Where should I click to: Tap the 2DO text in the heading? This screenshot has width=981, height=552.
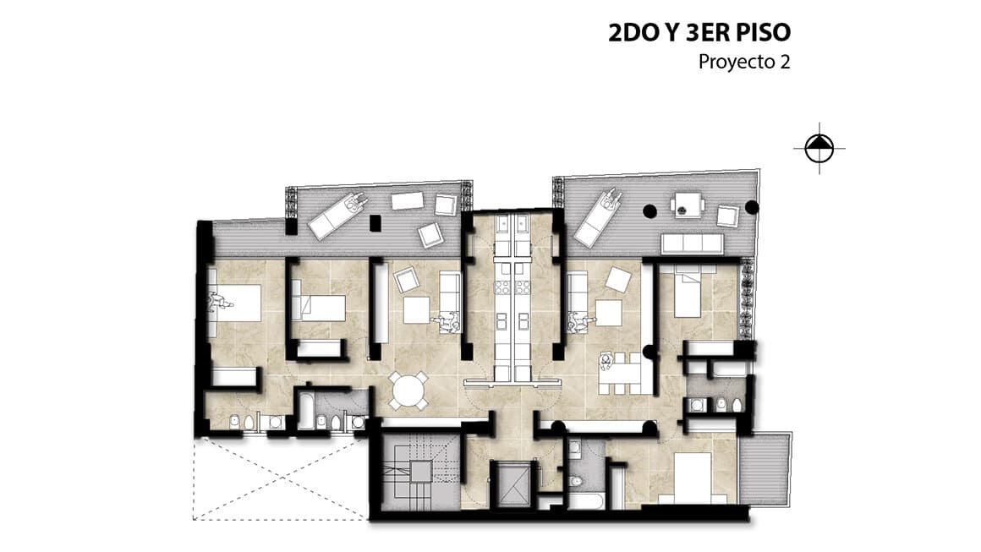633,32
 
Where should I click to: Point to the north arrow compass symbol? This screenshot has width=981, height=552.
819,149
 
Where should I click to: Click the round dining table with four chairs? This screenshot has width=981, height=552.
407,391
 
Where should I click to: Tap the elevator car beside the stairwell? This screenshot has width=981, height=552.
513,484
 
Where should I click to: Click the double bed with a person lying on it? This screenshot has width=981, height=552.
235,303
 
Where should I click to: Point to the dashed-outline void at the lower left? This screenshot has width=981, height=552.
280,478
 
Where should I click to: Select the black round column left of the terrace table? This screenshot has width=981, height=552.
650,210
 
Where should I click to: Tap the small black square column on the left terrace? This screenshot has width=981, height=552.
375,223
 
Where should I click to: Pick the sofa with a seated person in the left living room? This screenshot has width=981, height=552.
448,303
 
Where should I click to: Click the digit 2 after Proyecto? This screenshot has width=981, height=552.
785,63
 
